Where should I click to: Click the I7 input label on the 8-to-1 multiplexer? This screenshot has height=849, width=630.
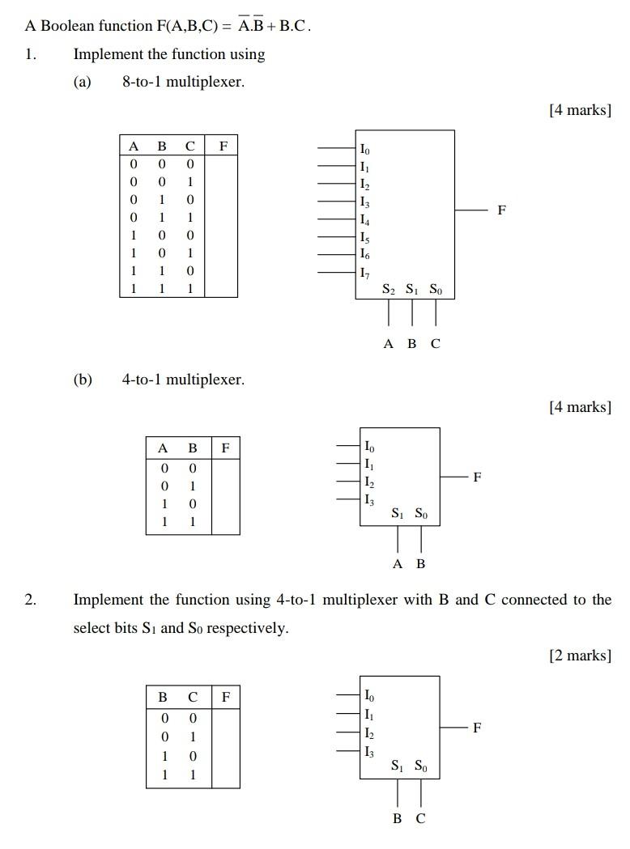(x=365, y=272)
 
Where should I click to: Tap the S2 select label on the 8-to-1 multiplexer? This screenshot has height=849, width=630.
(x=389, y=289)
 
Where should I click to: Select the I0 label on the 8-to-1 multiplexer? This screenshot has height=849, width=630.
(x=365, y=149)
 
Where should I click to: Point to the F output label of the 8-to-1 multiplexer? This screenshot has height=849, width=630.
(x=502, y=210)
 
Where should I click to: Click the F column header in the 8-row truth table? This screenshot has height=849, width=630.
(x=223, y=146)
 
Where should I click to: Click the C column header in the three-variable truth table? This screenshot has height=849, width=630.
(x=189, y=146)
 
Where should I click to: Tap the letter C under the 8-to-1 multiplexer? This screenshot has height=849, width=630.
(x=436, y=343)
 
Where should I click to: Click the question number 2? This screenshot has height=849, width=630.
(x=30, y=600)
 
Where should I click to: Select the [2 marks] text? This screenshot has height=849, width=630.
(x=580, y=655)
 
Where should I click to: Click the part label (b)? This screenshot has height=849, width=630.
(x=83, y=380)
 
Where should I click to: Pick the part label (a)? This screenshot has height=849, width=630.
(x=83, y=82)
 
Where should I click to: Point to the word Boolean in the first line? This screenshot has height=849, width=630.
(x=68, y=26)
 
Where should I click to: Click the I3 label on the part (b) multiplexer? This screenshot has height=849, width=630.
(x=369, y=500)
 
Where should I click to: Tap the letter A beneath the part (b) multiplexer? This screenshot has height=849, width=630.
(x=398, y=563)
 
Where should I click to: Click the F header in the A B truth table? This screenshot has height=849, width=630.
(x=225, y=447)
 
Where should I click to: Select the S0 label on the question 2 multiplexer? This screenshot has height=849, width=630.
(x=422, y=766)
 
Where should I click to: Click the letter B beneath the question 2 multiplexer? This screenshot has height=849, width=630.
(x=398, y=818)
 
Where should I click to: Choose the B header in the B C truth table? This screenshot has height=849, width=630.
(x=163, y=696)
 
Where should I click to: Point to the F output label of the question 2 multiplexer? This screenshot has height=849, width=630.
(x=477, y=728)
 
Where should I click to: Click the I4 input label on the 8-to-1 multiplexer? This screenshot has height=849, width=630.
(x=365, y=219)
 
